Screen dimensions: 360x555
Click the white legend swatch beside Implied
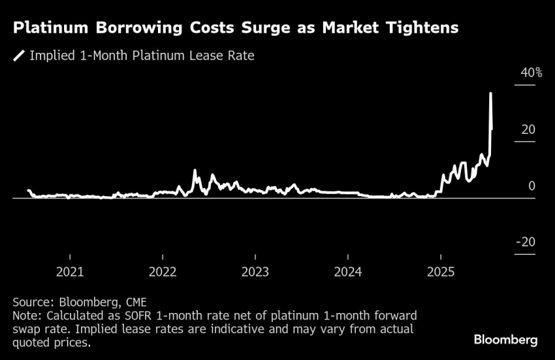pos(20,56)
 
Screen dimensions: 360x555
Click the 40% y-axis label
pos(531,73)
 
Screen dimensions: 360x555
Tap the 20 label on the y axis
pos(528,129)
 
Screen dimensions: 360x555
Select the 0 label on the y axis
pos(531,186)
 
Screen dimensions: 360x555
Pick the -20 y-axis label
pos(526,242)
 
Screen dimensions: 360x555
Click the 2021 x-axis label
pos(70,271)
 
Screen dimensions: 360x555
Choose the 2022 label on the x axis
pos(163,271)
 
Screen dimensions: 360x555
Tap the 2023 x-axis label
pos(255,271)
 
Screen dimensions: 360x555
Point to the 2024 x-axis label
pos(348,271)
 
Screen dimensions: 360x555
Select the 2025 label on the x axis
pos(441,271)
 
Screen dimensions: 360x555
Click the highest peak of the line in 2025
pos(490,94)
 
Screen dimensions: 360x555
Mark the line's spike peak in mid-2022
pos(195,171)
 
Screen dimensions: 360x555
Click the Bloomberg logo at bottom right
pos(505,340)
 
